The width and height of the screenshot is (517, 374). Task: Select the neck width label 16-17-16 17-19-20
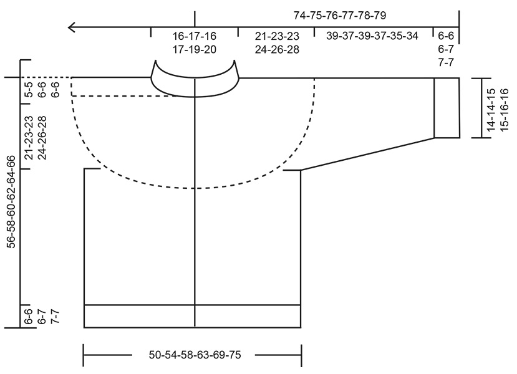(x=194, y=42)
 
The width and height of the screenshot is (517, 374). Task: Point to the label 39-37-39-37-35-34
(x=372, y=36)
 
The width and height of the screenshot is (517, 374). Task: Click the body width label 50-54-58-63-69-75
(x=195, y=355)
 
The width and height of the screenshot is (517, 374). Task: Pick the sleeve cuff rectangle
(x=447, y=107)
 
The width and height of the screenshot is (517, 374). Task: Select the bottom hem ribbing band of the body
(x=193, y=316)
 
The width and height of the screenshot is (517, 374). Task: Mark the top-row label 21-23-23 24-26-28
(x=277, y=42)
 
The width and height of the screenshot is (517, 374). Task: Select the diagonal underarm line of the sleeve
(x=368, y=153)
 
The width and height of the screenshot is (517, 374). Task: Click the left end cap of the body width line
(x=84, y=356)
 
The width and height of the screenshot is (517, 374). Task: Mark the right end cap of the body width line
(x=302, y=356)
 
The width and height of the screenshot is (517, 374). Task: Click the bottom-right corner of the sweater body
(x=301, y=327)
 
